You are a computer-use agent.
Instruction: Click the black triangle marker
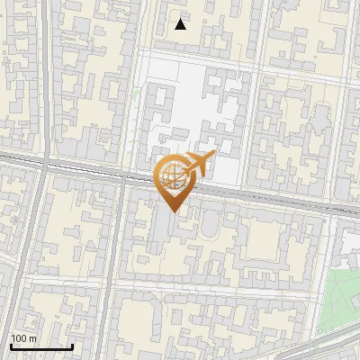coord(181,24)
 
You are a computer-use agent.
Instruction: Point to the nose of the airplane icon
coord(213,156)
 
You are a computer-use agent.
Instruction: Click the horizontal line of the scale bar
coord(41,346)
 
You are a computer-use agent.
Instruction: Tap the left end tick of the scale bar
coord(11,345)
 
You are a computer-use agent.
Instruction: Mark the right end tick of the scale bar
coord(72,345)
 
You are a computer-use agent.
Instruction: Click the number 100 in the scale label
coord(19,338)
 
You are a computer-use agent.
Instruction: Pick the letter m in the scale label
coord(32,338)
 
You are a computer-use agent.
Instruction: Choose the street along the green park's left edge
coord(319,297)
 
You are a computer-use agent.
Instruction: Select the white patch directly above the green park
coord(347,243)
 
